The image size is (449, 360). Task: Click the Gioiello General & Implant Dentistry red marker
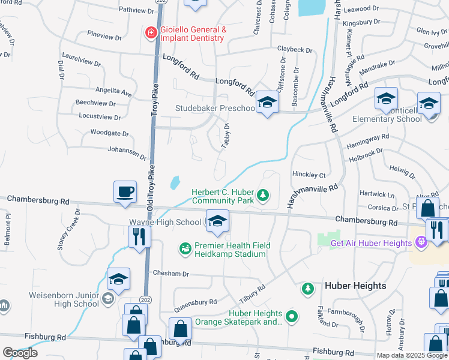coord(151,32)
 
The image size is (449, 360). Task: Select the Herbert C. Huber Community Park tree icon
coord(262,194)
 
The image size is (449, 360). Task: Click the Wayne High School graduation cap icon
coord(217,221)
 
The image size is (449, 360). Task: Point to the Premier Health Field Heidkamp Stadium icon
coord(185,247)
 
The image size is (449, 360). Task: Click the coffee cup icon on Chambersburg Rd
coord(125,193)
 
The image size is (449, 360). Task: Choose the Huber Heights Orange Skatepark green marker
coord(292,316)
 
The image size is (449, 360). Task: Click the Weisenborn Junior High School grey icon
coord(107,298)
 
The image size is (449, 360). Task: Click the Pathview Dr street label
coord(136,10)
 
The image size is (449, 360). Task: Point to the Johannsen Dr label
coord(127,152)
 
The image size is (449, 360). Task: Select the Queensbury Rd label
coord(196,305)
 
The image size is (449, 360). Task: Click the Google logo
coord(20,353)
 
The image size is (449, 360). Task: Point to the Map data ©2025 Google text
coord(412,355)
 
